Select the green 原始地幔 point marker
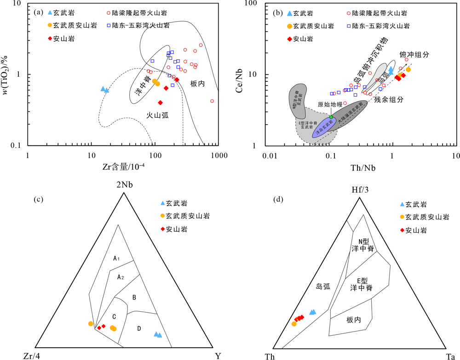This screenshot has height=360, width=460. pos(331,117)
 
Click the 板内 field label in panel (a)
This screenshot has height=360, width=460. pos(198,84)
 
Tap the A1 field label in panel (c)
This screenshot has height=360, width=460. pos(117,259)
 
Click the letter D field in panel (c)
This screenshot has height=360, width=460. pos(139,328)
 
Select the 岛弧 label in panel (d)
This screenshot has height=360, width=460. pos(322,286)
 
